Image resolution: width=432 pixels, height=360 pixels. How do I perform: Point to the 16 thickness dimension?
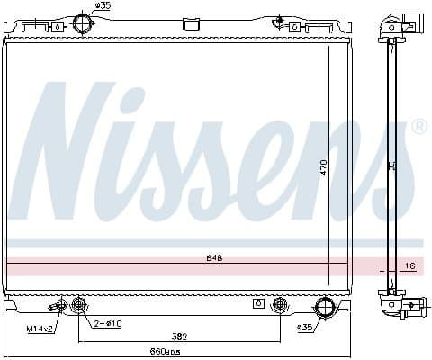tap(409, 266)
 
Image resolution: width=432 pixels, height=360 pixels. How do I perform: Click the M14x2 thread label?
tap(39, 328)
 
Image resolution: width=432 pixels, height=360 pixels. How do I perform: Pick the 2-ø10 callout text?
tap(109, 323)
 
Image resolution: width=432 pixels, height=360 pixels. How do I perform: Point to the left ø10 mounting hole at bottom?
tap(79, 302)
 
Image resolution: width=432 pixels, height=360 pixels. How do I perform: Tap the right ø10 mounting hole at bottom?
tap(280, 302)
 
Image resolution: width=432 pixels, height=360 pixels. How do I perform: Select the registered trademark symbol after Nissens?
tap(418, 129)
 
